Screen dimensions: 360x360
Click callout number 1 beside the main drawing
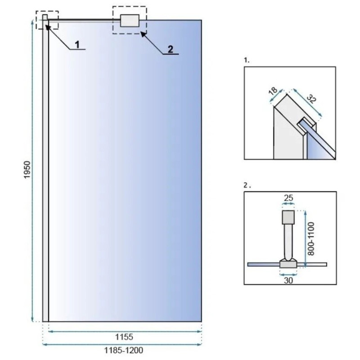coord(77,44)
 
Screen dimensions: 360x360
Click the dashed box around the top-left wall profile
coord(47,20)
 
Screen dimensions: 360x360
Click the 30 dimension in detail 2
coord(288,279)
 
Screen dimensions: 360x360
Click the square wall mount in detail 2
coord(288,217)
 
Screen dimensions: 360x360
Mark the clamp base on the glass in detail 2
coord(288,263)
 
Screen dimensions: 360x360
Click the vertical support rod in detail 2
coord(288,241)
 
